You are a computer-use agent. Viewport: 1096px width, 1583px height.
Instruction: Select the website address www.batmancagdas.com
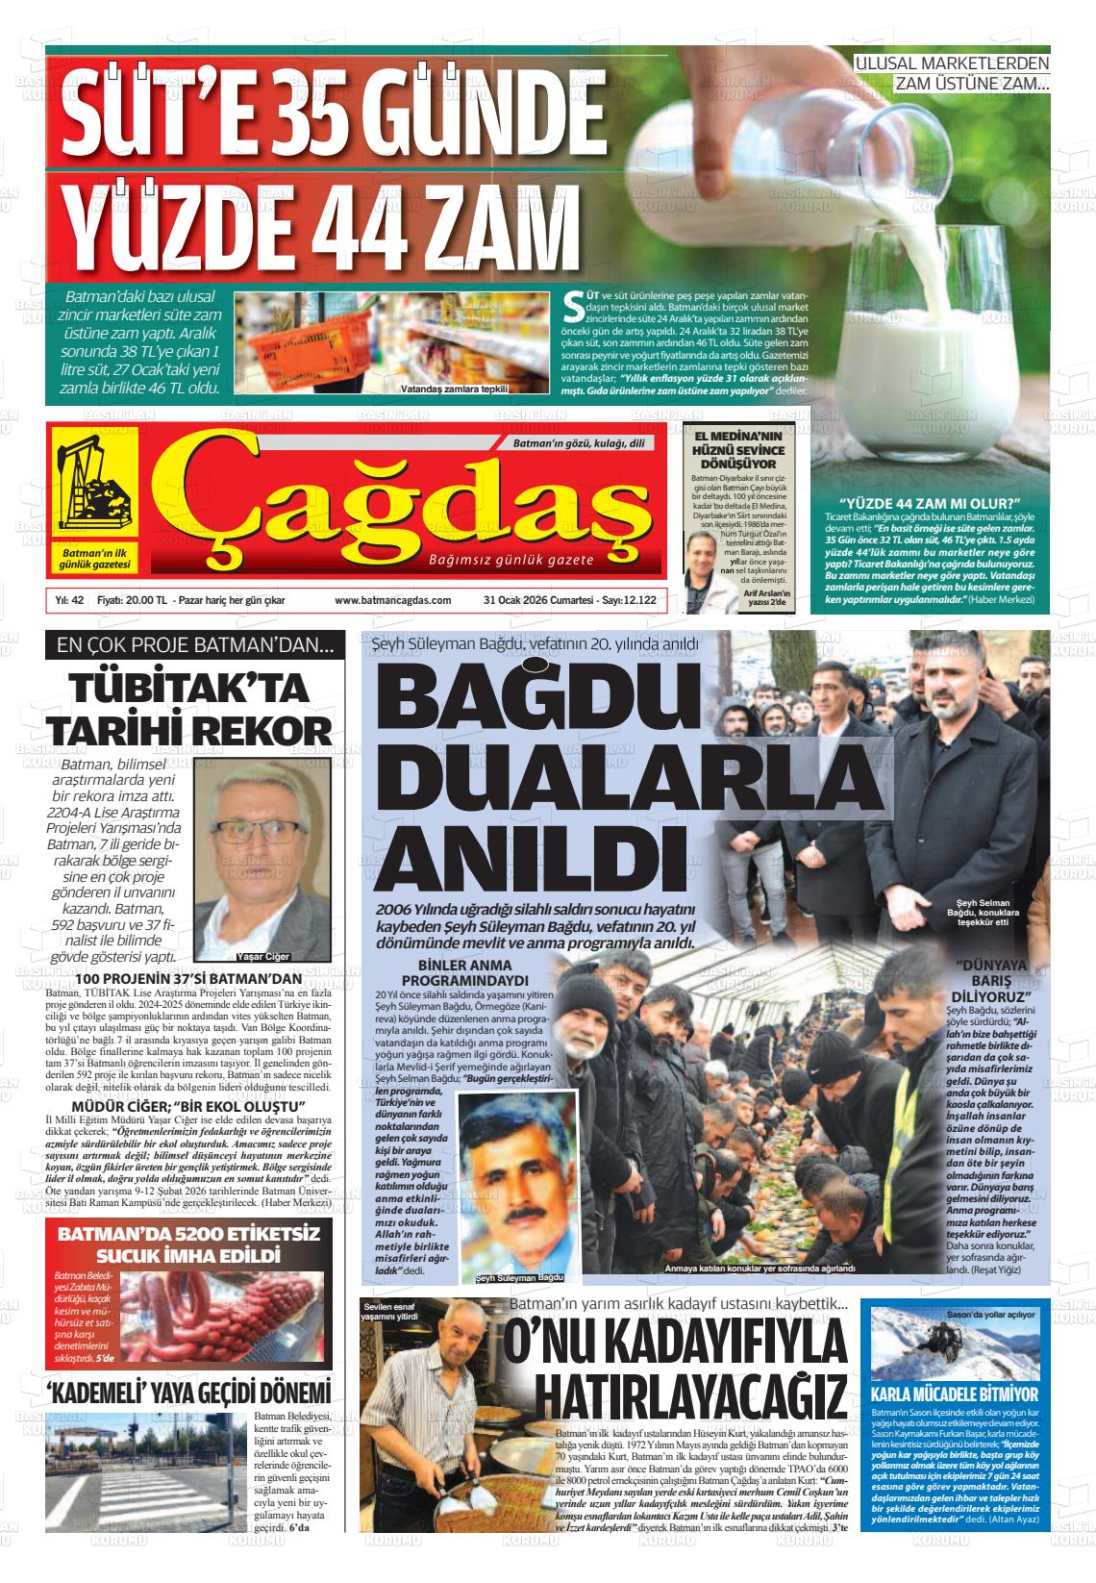392,600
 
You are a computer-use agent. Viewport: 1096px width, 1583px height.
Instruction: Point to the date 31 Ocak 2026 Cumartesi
533,600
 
